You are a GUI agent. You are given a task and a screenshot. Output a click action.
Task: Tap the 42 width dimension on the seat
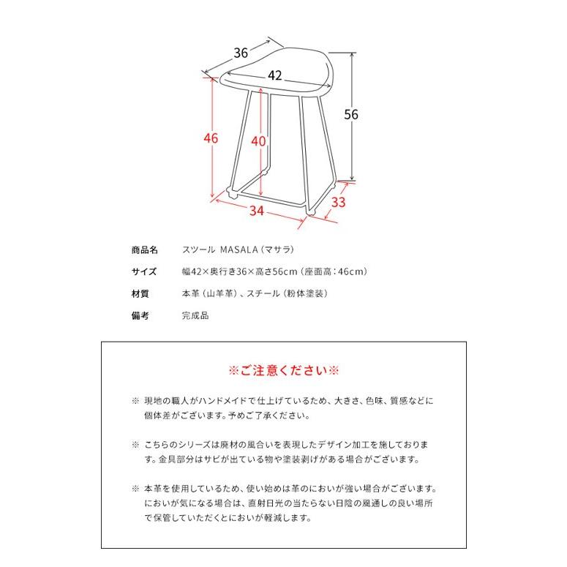tap(275, 75)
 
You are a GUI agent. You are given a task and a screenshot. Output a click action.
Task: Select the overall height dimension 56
tap(351, 114)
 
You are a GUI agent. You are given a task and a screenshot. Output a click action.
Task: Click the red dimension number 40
tap(257, 142)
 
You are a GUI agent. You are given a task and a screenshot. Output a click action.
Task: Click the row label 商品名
tap(143, 249)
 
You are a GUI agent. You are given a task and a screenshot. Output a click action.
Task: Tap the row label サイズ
tap(143, 271)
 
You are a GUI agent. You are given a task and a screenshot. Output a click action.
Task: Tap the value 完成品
tap(195, 316)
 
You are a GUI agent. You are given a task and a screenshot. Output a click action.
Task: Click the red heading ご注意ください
tap(284, 369)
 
